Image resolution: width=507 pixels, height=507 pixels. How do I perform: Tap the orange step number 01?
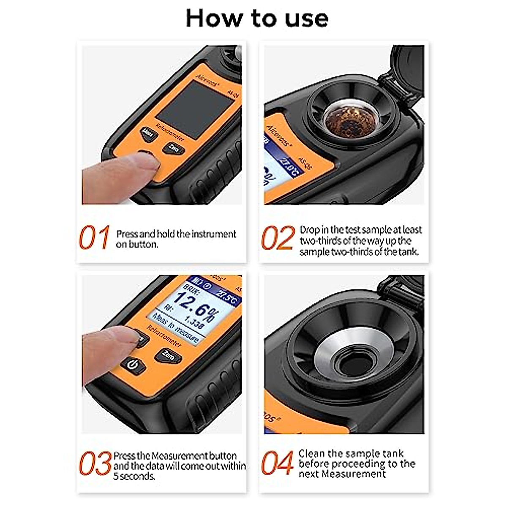(x=94, y=237)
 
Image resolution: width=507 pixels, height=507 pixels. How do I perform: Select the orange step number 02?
(x=278, y=238)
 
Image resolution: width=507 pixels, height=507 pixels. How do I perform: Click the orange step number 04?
(x=277, y=463)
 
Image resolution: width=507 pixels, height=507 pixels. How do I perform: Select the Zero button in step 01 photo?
(x=173, y=148)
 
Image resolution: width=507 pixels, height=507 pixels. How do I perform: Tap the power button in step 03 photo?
(x=134, y=365)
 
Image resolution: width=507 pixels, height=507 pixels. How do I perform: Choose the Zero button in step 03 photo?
(x=168, y=356)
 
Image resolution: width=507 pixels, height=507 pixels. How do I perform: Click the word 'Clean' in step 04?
(x=311, y=454)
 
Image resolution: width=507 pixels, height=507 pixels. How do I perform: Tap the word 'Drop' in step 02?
(x=308, y=230)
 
